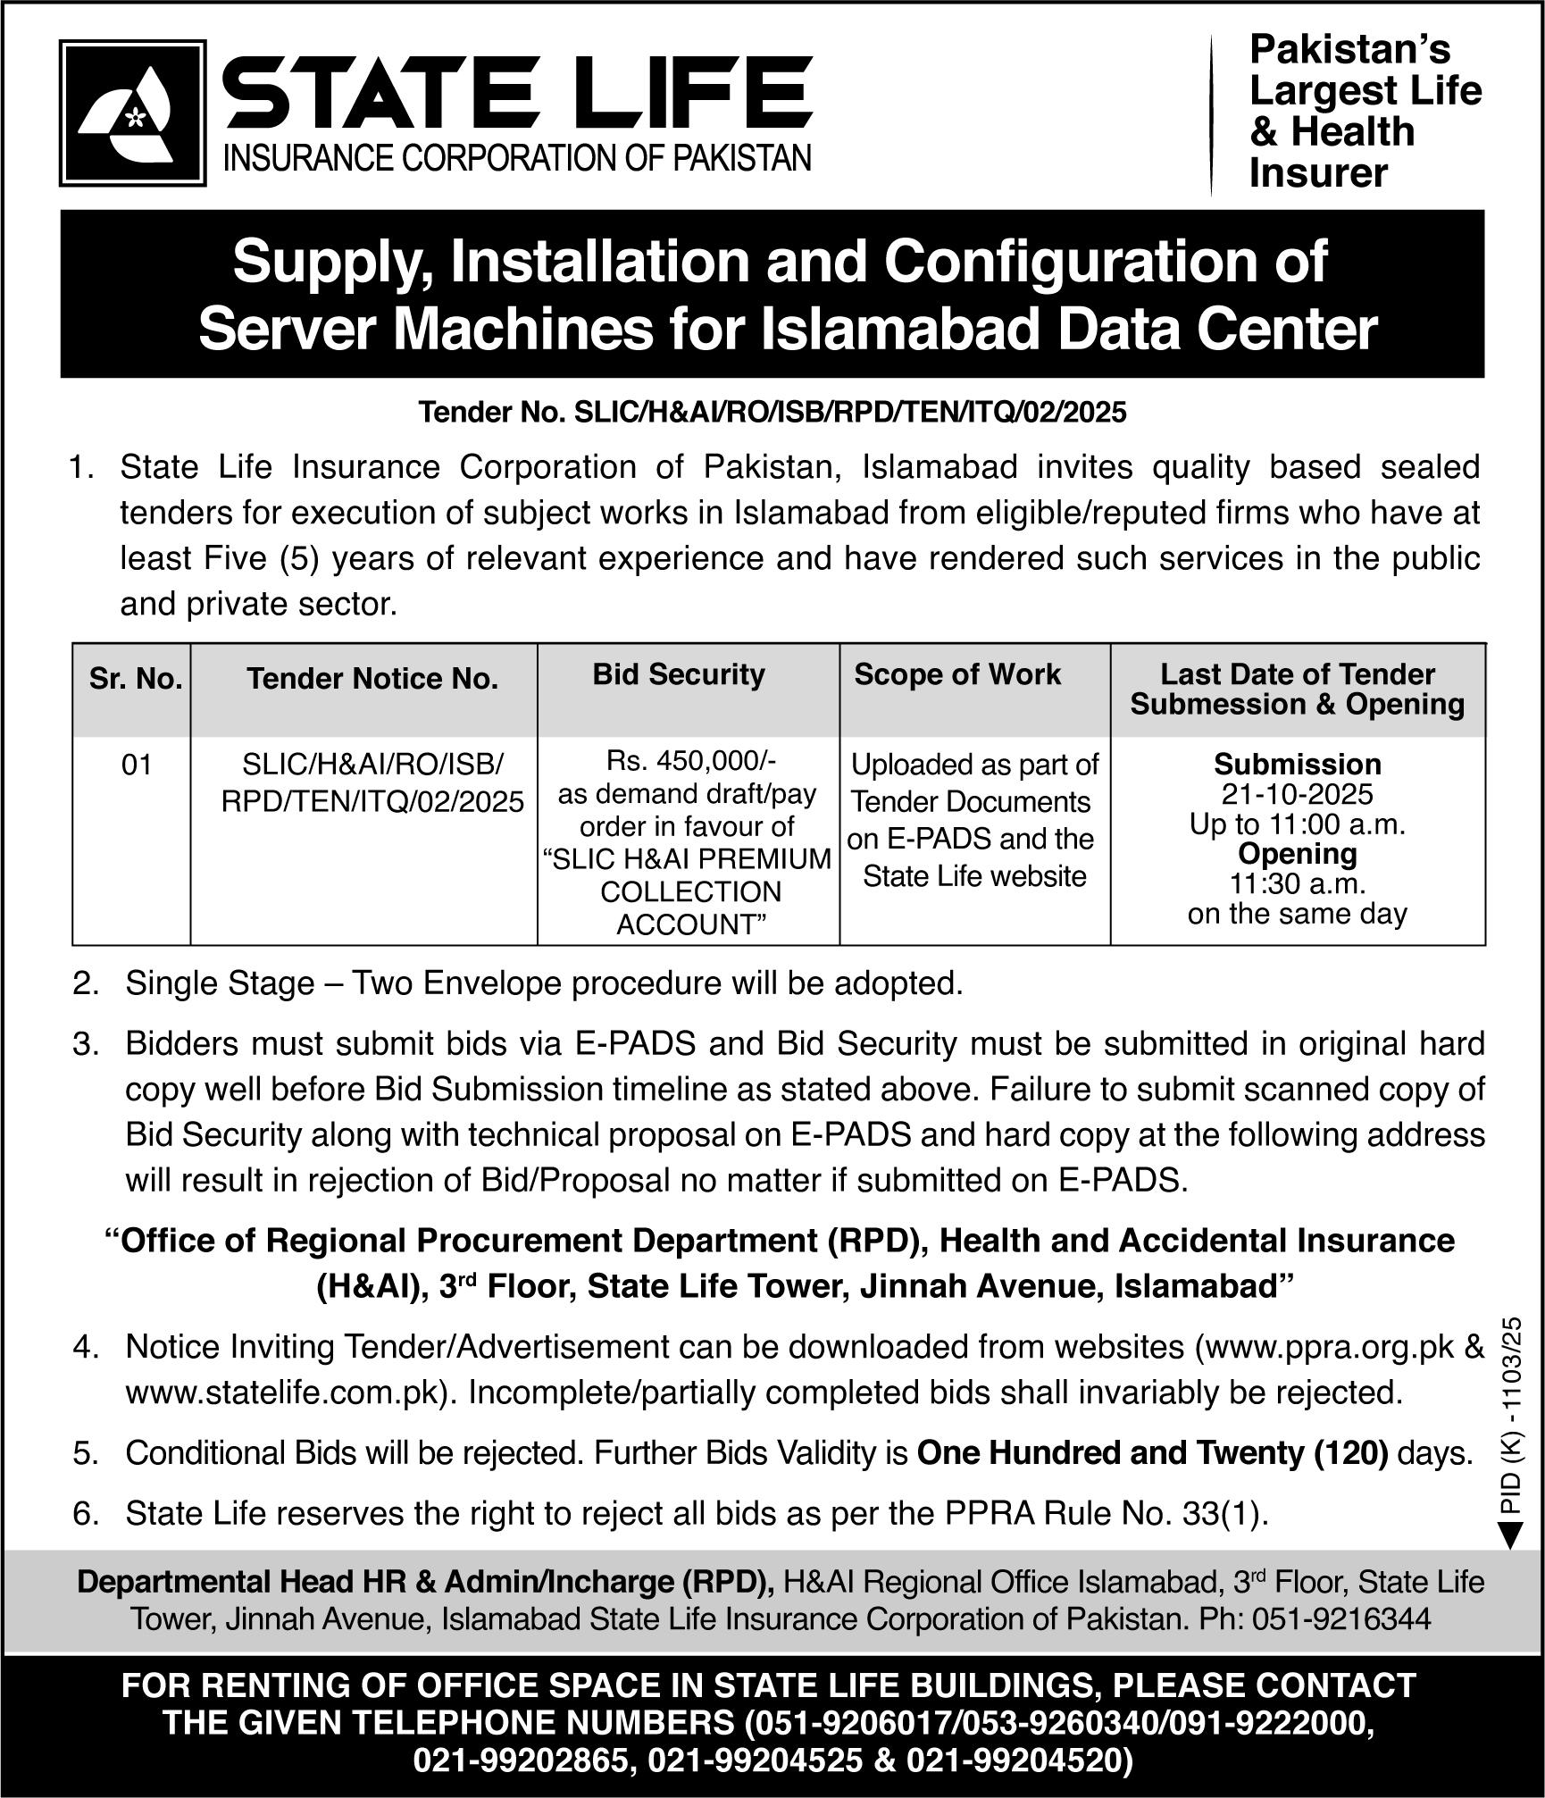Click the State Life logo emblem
click(x=132, y=113)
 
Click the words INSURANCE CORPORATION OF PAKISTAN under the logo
click(x=516, y=159)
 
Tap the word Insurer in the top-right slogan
click(x=1318, y=173)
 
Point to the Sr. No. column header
click(x=136, y=680)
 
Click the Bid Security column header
click(x=679, y=674)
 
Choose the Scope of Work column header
click(x=957, y=674)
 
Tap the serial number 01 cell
click(x=136, y=765)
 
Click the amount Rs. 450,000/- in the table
click(x=691, y=761)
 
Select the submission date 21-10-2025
click(x=1297, y=794)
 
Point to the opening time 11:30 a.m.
click(x=1297, y=883)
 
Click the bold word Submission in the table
click(x=1297, y=765)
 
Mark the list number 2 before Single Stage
click(x=85, y=984)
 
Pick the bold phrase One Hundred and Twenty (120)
click(x=1152, y=1453)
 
